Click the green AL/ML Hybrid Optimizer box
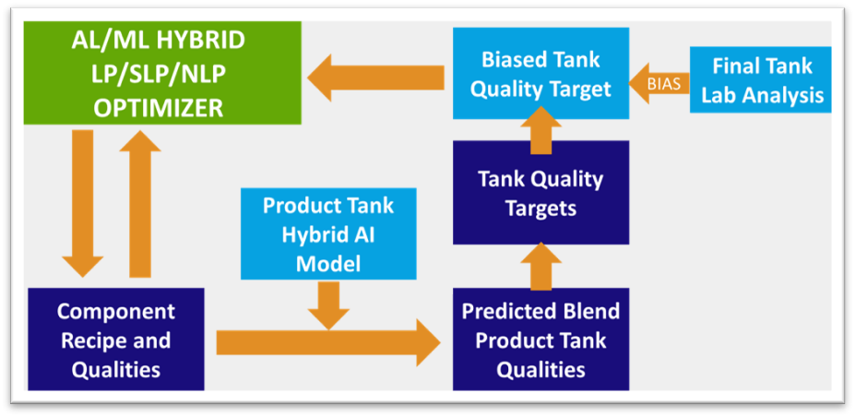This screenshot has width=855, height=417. tap(162, 73)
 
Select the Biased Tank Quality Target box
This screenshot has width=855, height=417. tap(540, 73)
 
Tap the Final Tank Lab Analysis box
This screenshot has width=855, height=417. tap(760, 79)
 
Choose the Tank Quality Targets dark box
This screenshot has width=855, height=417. tap(540, 193)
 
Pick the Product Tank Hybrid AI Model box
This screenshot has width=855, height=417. tap(328, 234)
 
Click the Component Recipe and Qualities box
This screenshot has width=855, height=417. tap(116, 340)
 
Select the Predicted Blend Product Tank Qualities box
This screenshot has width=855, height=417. tap(540, 340)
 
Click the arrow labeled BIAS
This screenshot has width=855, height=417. tap(659, 83)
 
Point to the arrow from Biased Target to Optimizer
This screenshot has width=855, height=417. tap(375, 77)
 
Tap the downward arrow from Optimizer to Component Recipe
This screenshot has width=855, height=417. tap(82, 204)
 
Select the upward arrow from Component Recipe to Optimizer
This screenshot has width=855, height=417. tap(140, 204)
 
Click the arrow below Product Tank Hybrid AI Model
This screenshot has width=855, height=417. tap(328, 305)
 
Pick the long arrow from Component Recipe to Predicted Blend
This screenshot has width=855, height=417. tap(328, 342)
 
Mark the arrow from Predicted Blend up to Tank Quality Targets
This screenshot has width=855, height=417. tap(540, 266)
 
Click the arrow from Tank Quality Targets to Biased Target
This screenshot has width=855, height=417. tap(540, 130)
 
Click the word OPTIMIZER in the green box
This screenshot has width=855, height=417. tap(158, 108)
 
